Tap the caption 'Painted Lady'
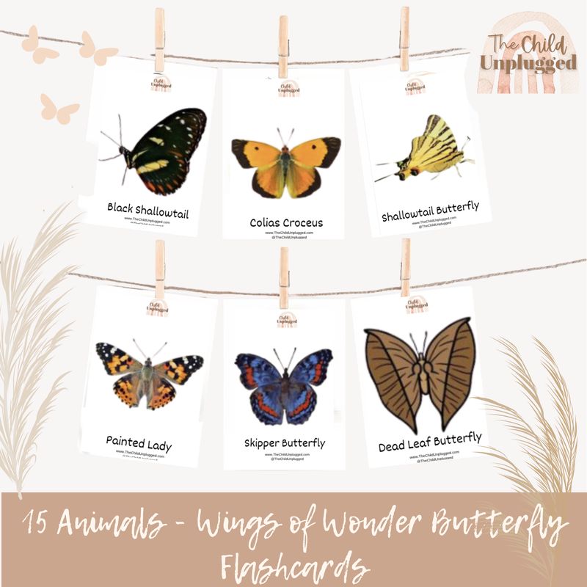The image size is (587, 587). point(139,442)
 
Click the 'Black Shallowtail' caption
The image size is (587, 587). point(147,210)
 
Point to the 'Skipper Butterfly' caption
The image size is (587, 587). point(285,443)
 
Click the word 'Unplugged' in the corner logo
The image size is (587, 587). point(528,62)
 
